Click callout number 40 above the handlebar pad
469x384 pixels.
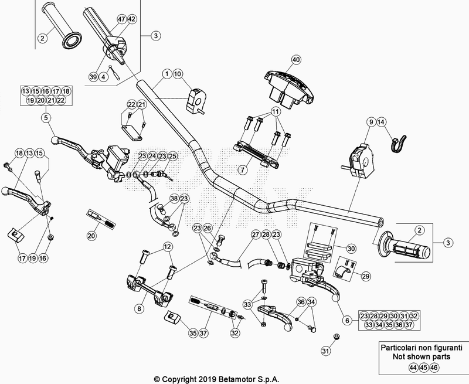(295, 60)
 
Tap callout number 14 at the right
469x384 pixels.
(381, 122)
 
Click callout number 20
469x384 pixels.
(91, 236)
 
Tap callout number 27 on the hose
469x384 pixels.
(254, 235)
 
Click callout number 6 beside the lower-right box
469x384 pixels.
(346, 320)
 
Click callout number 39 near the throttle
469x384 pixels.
(93, 77)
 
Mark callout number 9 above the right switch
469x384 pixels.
(371, 122)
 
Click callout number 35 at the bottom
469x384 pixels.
(192, 333)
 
